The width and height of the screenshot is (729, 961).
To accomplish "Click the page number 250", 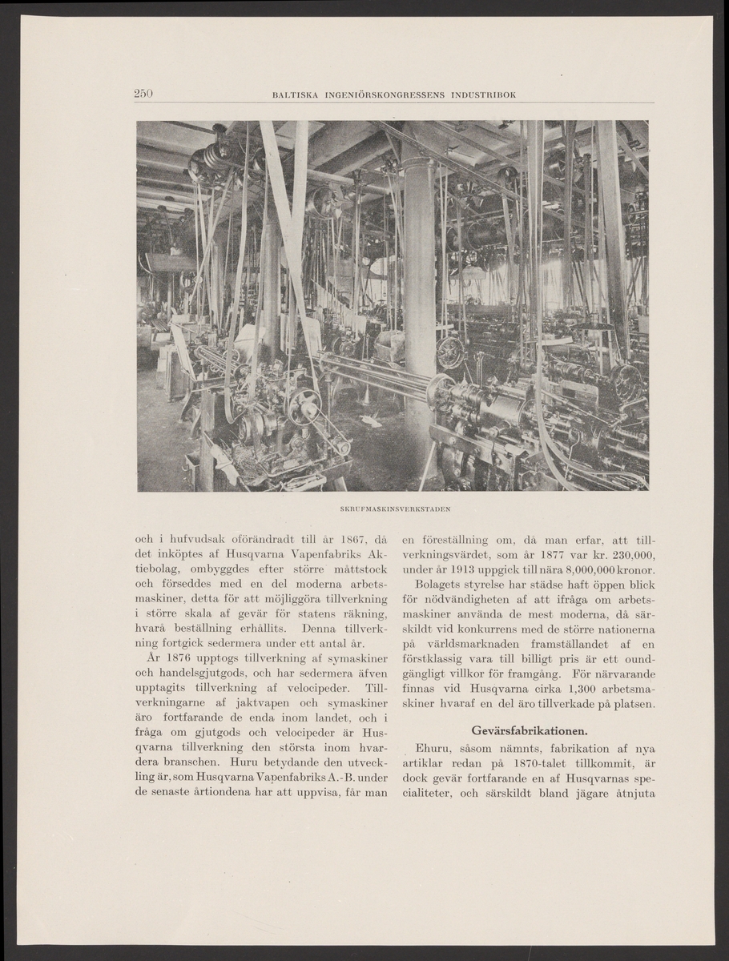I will click(143, 94).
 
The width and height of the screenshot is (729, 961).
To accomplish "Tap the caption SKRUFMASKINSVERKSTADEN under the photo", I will click(392, 508).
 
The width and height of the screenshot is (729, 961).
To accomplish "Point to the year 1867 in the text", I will click(323, 539).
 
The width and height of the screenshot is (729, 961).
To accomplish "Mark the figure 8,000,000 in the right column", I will click(590, 570).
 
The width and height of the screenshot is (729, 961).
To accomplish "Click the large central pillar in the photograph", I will click(419, 288).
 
